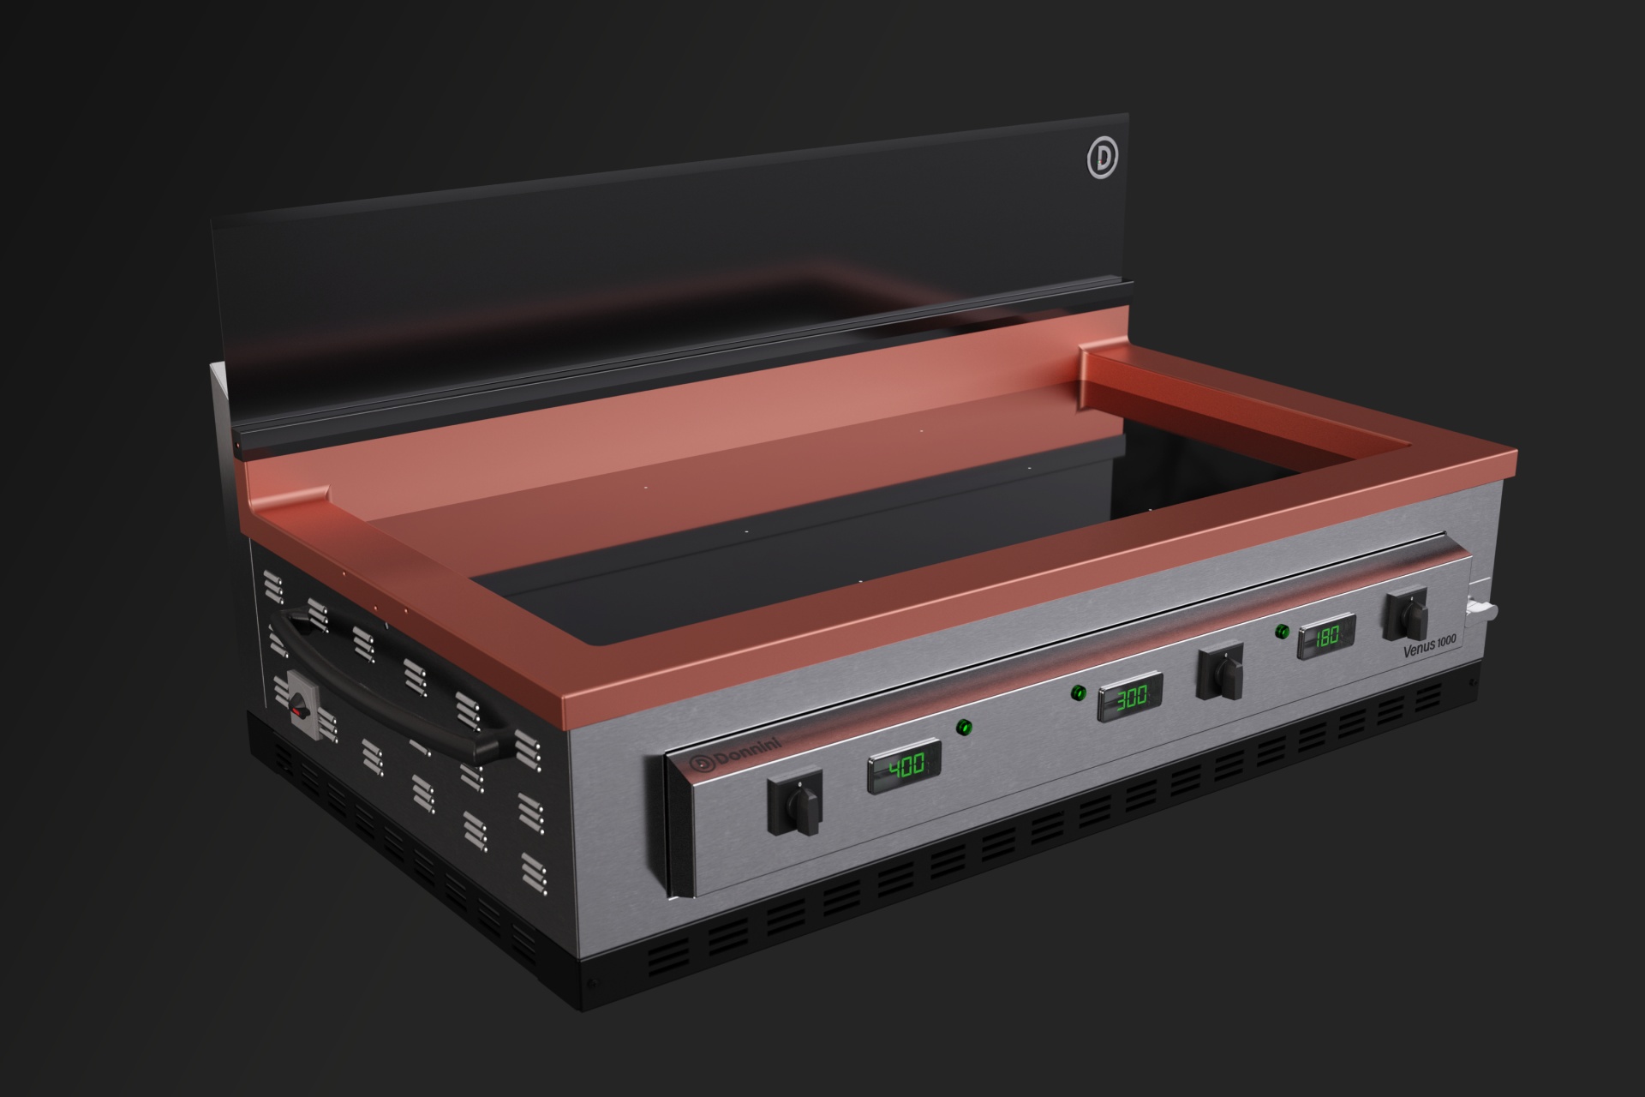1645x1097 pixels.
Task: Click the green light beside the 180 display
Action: point(1282,632)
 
